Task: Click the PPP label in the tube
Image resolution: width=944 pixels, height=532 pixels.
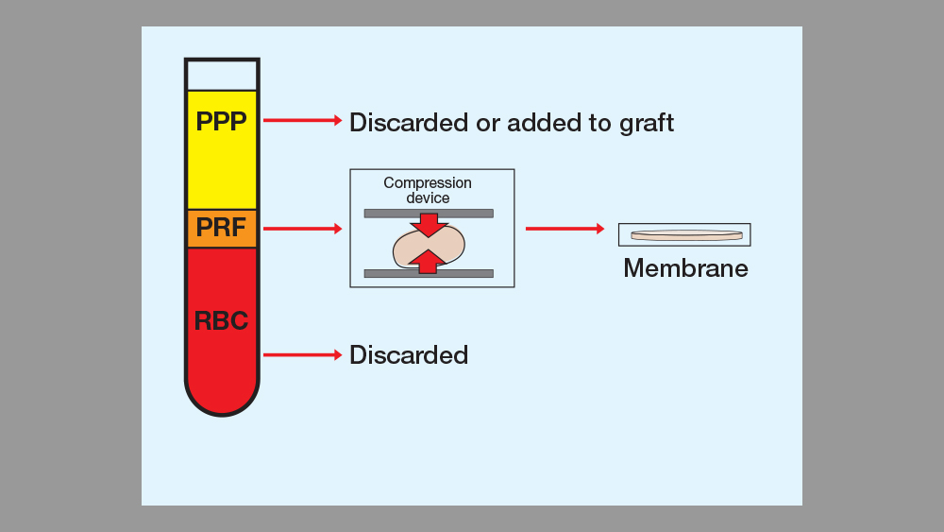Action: [221, 122]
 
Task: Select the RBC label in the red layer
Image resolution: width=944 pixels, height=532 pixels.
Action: [221, 320]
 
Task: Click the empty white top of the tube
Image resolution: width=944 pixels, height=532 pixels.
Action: [222, 75]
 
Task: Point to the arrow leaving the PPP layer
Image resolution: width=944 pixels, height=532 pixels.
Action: [302, 120]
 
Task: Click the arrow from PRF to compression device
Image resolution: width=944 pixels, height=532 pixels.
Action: [302, 229]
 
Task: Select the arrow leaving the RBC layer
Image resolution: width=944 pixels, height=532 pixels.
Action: [302, 355]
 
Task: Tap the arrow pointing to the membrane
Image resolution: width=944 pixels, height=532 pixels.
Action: [565, 229]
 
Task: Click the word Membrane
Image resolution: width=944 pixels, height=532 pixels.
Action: [685, 268]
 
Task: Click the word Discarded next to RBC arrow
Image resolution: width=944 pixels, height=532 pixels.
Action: [409, 355]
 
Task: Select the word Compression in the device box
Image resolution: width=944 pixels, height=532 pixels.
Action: [428, 183]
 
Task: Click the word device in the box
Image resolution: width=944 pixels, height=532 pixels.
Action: [428, 198]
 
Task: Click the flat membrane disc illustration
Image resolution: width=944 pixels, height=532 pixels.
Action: [686, 234]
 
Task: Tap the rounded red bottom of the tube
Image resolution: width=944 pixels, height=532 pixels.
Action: [222, 395]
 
